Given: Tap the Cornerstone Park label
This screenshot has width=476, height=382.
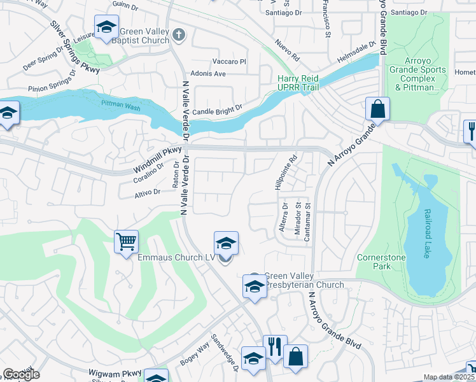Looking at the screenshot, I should point(391,262).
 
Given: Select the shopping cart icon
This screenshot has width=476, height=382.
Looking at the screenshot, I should point(127,241).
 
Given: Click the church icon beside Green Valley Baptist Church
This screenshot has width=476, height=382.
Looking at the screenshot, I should point(179,34).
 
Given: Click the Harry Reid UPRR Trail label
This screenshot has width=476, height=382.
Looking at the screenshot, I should point(297,83).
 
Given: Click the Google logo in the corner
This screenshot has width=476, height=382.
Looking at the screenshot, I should point(21,374).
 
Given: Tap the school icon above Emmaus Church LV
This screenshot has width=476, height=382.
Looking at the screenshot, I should point(226,243).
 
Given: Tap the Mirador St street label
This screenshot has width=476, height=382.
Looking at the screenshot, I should point(297,218).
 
